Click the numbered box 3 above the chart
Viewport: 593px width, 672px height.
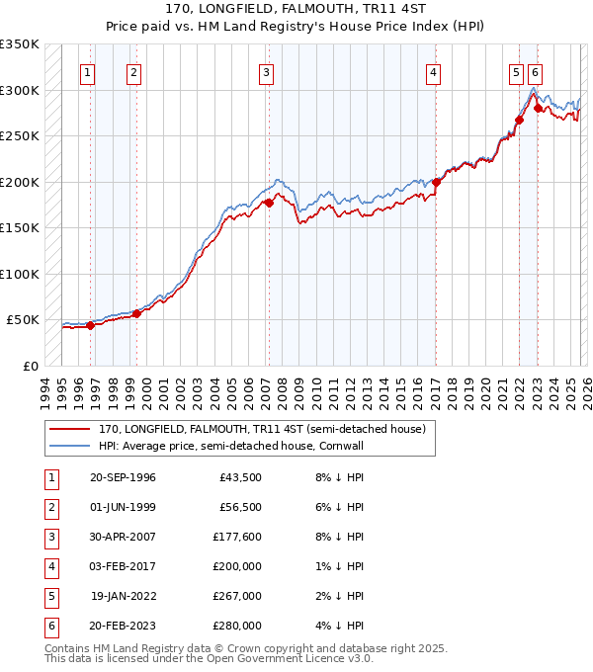tap(267, 71)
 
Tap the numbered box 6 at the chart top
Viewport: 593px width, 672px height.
tap(535, 71)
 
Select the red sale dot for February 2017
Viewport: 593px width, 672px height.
tap(435, 181)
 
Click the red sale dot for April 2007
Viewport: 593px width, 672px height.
tap(268, 203)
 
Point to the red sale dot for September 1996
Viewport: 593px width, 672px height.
tap(90, 325)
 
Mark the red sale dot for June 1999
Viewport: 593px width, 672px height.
tap(136, 313)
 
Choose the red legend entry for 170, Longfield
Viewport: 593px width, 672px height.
tap(262, 429)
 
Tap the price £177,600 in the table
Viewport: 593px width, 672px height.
tap(236, 537)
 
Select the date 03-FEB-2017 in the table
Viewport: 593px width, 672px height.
tap(123, 566)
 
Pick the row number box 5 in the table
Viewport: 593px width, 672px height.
tap(50, 597)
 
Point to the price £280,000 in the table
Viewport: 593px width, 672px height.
tap(236, 626)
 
